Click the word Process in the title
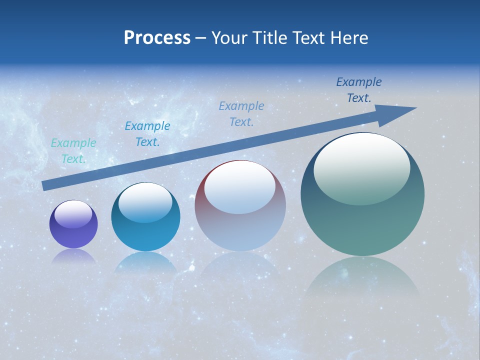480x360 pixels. tap(157, 38)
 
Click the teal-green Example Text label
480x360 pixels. tap(73, 151)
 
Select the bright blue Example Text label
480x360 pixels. tap(147, 134)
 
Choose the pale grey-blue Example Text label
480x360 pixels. tap(241, 114)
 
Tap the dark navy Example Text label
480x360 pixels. tap(359, 90)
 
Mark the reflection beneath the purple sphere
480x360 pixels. tap(73, 256)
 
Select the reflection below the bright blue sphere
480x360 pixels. tap(145, 262)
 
